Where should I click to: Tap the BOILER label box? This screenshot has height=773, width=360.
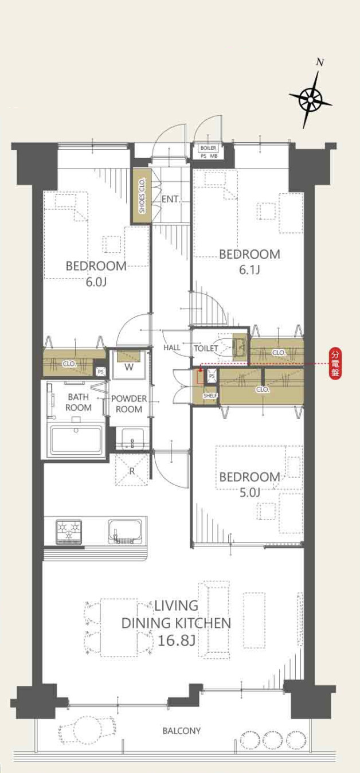(208, 148)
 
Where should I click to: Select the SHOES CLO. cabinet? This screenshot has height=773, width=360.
(142, 196)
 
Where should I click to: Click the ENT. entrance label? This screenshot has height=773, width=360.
(170, 199)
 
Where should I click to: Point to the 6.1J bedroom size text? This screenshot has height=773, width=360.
(249, 270)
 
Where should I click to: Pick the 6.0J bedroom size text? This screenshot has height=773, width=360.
(96, 282)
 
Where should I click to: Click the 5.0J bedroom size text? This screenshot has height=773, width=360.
(250, 493)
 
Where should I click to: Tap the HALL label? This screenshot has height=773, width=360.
(172, 348)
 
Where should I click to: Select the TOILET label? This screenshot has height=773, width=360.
(206, 348)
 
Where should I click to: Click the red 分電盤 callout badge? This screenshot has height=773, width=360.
(334, 364)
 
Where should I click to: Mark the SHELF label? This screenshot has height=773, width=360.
(210, 396)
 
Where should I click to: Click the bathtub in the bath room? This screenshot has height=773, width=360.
(76, 440)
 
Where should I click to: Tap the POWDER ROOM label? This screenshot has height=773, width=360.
(128, 404)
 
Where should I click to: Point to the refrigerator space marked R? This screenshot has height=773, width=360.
(132, 470)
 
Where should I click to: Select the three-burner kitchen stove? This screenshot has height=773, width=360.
(69, 532)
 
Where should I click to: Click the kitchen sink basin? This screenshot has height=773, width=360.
(125, 530)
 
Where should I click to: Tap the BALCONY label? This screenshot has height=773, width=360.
(181, 731)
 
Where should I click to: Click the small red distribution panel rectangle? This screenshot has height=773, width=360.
(199, 377)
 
